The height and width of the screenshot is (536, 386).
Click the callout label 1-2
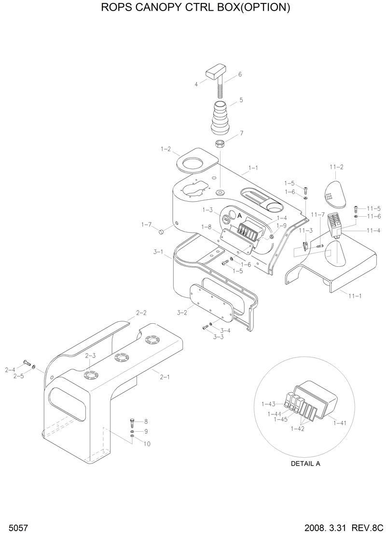pyautogui.click(x=165, y=150)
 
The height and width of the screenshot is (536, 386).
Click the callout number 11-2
pyautogui.click(x=336, y=167)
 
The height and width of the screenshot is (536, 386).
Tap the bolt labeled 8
pyautogui.click(x=132, y=423)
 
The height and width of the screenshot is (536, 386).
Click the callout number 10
pyautogui.click(x=147, y=444)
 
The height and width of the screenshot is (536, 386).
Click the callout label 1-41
pyautogui.click(x=340, y=423)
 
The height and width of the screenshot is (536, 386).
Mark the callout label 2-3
pyautogui.click(x=90, y=356)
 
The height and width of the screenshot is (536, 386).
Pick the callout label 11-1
pyautogui.click(x=355, y=295)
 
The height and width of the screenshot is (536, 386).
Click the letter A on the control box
pyautogui.click(x=239, y=216)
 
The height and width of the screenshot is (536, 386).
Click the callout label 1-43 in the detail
pyautogui.click(x=268, y=404)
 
